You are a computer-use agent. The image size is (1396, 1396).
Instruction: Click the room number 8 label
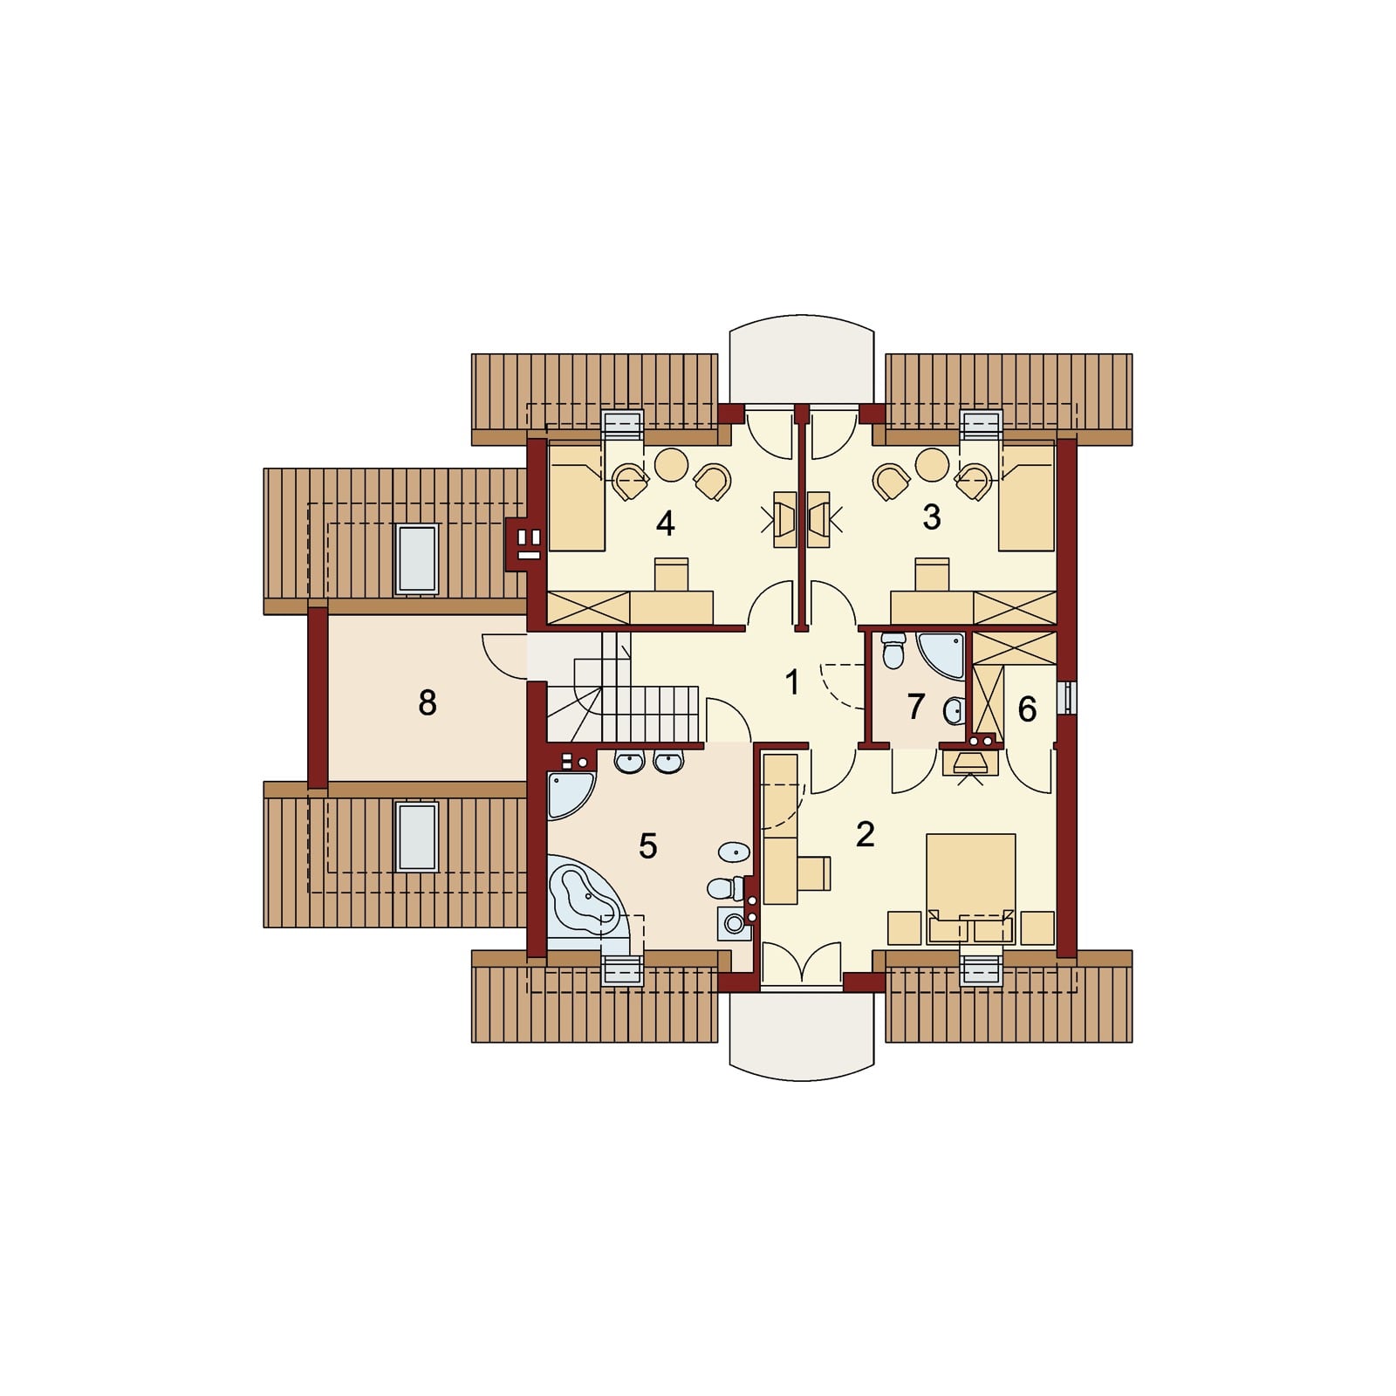[427, 702]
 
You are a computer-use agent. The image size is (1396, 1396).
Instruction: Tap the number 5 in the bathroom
[647, 845]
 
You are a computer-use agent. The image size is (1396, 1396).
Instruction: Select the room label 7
[915, 707]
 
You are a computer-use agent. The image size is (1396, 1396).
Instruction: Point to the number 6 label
[1027, 709]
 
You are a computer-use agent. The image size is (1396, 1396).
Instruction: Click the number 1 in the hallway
[792, 682]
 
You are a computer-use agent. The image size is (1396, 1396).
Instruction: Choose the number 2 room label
[865, 834]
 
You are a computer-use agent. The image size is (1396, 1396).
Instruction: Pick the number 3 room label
[932, 517]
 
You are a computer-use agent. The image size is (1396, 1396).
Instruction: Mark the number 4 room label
[665, 523]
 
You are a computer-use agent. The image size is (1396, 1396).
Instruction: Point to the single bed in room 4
[576, 498]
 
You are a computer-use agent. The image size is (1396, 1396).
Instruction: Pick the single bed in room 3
[1028, 498]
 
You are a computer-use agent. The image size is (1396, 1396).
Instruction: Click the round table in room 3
[932, 465]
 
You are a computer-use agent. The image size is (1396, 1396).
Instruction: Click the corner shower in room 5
[569, 794]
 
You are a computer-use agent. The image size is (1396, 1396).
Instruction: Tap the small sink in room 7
[955, 711]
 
